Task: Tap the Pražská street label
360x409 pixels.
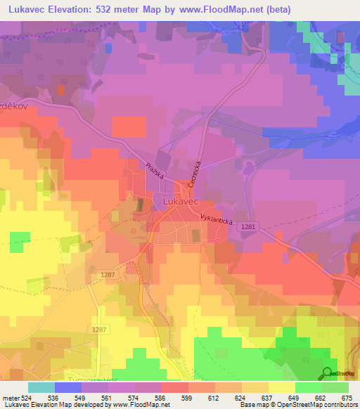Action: (x=155, y=171)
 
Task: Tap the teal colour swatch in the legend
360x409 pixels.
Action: (x=41, y=387)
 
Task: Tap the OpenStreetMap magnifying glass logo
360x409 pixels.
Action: (x=327, y=372)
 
